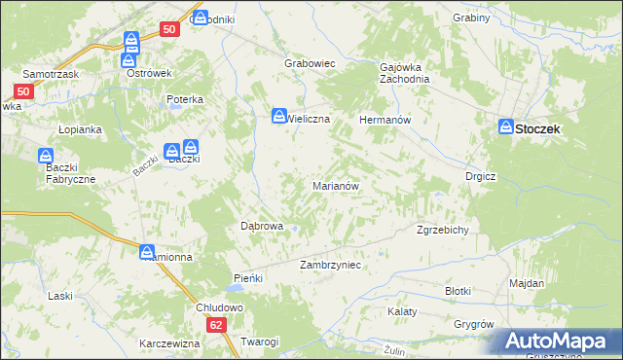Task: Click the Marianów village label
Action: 337,185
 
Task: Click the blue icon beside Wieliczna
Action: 279,116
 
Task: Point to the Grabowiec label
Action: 310,63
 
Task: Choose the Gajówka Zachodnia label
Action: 404,74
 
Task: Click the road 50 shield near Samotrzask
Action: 24,91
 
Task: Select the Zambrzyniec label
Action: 331,265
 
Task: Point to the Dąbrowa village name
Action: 262,226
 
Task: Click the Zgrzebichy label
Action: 444,231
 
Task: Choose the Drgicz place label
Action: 481,177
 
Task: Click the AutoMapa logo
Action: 560,342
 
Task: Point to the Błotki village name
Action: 458,291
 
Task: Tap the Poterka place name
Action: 184,99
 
